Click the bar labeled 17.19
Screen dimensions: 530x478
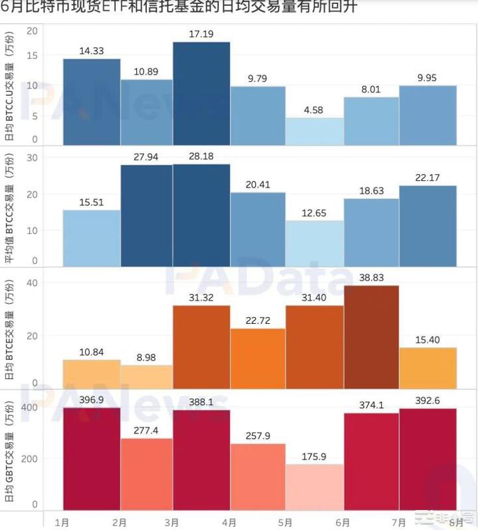click(201, 93)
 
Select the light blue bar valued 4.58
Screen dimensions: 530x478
click(315, 131)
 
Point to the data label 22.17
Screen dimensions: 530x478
click(427, 176)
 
